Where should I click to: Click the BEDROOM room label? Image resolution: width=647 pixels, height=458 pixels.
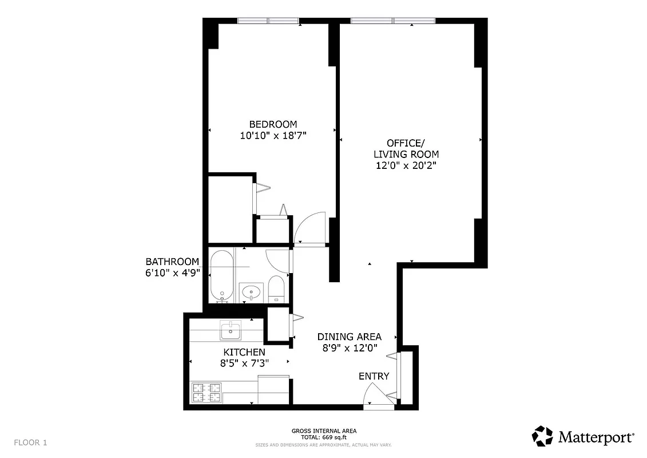point(273,124)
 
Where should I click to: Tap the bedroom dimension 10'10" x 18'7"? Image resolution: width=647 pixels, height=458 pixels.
point(273,136)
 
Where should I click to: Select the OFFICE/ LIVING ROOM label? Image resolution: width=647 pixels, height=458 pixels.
point(406,148)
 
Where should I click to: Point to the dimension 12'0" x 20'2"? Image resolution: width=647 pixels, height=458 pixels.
point(406,165)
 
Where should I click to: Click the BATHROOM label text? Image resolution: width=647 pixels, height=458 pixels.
point(172,262)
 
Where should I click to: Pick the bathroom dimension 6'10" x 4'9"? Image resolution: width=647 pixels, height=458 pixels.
point(172,273)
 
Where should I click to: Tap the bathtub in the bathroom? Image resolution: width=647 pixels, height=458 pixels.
point(221,275)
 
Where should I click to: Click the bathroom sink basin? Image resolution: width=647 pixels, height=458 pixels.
point(250,293)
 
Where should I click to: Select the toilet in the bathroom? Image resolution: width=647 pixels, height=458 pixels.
point(276,289)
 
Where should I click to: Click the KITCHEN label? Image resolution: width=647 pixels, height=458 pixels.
point(244,352)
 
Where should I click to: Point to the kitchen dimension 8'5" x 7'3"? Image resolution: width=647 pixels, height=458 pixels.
point(244,363)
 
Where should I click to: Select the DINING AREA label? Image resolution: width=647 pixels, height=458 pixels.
point(349,337)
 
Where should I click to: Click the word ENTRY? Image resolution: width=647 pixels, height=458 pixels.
point(374,376)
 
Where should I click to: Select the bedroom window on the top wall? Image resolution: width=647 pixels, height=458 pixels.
point(268,21)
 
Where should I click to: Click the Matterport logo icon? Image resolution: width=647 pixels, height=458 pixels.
point(542,436)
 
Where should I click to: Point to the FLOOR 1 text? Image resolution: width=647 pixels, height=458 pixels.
point(30,443)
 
